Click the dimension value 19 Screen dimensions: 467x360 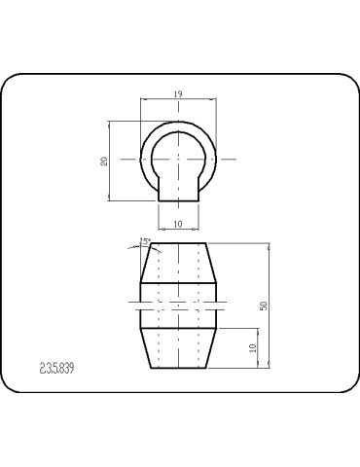[179, 93]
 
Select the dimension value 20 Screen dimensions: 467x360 [104, 161]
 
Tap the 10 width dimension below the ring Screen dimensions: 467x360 [179, 224]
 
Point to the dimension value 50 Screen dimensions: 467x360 [263, 305]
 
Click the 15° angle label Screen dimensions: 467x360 [145, 239]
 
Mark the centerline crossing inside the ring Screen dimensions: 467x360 [179, 159]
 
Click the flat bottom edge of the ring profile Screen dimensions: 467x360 [179, 200]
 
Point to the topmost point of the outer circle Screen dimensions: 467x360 [179, 121]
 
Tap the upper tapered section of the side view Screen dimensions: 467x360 [179, 263]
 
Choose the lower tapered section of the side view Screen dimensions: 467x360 [179, 348]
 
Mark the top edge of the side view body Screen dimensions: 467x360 [179, 243]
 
